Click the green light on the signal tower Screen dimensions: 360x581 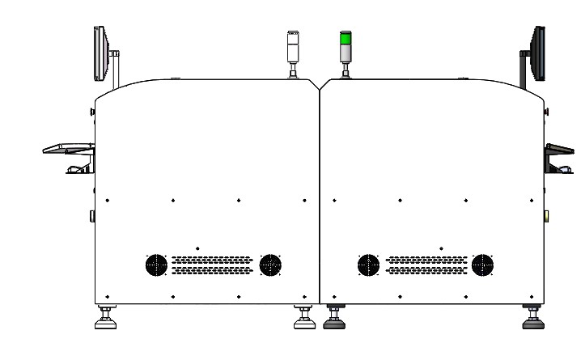tap(346, 40)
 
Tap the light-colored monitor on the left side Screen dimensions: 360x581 tap(101, 54)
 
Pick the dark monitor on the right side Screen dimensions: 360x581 tap(538, 53)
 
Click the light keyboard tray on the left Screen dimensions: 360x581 tap(68, 148)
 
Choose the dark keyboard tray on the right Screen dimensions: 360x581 tap(561, 149)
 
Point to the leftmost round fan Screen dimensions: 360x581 tap(155, 265)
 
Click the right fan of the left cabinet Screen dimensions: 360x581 tap(270, 265)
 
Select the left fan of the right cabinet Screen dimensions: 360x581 tap(368, 265)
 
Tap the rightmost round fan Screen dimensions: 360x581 tap(483, 265)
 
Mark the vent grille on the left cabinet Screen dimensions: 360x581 tap(213, 265)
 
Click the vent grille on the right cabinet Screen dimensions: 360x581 tap(426, 265)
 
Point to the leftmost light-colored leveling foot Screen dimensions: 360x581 tap(105, 322)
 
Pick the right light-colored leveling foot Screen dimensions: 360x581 tap(303, 322)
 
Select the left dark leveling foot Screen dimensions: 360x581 tap(333, 322)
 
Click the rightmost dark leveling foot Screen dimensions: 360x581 tap(532, 322)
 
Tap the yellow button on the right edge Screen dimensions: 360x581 tap(547, 216)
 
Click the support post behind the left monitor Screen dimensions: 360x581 tap(117, 70)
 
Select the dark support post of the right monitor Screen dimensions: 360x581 tap(524, 70)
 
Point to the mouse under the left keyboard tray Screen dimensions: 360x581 tap(74, 169)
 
